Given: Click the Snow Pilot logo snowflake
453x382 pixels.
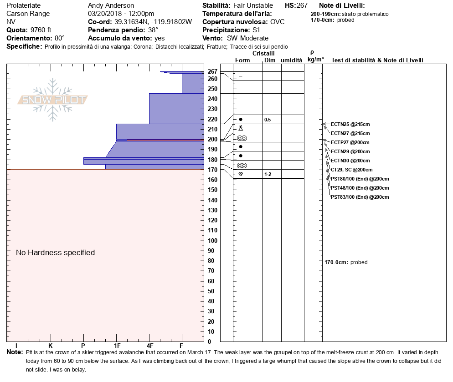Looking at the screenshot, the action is click(52, 100).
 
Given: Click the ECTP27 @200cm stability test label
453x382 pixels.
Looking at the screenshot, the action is click(350, 142).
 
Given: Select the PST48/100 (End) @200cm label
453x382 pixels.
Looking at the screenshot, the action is click(360, 188).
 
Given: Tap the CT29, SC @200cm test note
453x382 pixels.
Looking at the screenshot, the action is click(351, 170).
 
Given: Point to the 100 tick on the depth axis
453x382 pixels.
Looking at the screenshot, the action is click(212, 241).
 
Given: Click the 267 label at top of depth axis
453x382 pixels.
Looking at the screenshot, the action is click(212, 71).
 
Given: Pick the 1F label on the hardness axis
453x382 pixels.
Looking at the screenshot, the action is click(117, 346).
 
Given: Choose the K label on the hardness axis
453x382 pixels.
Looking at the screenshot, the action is click(50, 346).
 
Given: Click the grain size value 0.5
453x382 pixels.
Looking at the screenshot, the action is click(268, 120).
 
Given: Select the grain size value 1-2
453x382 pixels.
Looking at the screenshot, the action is click(268, 174).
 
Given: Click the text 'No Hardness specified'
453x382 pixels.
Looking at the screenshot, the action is click(55, 252).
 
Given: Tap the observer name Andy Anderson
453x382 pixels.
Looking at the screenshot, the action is click(111, 5).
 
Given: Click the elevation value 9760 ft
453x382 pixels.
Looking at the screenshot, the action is click(41, 30).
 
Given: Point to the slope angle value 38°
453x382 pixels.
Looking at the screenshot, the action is click(153, 30).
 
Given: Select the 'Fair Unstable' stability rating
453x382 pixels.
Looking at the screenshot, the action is click(253, 5).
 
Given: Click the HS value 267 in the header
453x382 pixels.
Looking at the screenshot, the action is click(302, 5).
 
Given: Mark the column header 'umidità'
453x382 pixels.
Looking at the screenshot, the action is click(292, 60).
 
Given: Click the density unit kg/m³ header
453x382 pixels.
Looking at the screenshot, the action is click(315, 60).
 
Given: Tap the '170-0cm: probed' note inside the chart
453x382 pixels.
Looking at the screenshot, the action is click(346, 262).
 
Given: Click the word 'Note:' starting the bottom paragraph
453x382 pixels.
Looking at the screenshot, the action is click(15, 352).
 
